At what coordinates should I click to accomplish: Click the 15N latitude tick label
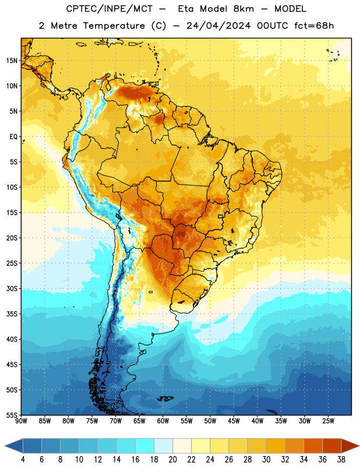point(12,61)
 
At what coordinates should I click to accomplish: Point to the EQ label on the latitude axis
point(13,137)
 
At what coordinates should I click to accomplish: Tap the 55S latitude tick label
point(12,415)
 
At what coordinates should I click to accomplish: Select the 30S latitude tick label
point(12,288)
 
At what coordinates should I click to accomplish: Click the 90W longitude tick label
point(21,421)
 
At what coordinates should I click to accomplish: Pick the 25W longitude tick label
point(328,421)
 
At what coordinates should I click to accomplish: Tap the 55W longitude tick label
point(186,421)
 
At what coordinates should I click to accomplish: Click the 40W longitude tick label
point(257,421)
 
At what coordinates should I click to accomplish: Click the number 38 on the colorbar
point(341,460)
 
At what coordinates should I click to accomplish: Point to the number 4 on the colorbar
point(23,460)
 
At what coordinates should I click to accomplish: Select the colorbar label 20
point(172,460)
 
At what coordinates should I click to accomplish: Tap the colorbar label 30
point(266,460)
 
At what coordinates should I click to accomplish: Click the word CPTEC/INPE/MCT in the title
point(110,9)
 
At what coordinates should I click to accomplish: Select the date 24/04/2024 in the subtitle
point(218,26)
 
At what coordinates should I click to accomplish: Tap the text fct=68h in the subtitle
point(314,26)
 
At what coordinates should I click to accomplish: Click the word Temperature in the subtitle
point(114,26)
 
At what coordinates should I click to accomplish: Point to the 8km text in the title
point(243,9)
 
